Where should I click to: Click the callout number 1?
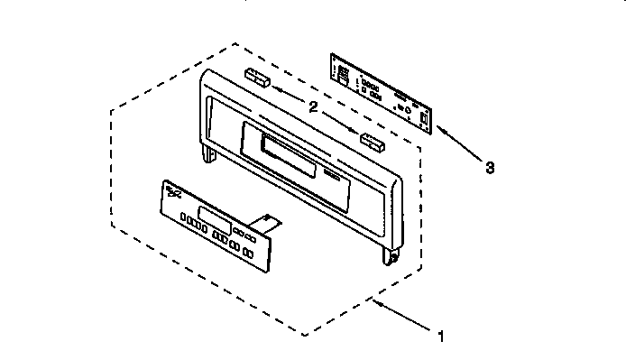441,337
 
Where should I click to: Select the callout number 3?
490,167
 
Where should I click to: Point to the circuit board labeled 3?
384,91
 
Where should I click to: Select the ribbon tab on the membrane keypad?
268,220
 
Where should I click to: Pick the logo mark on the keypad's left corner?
172,191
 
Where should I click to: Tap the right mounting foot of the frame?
390,257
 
